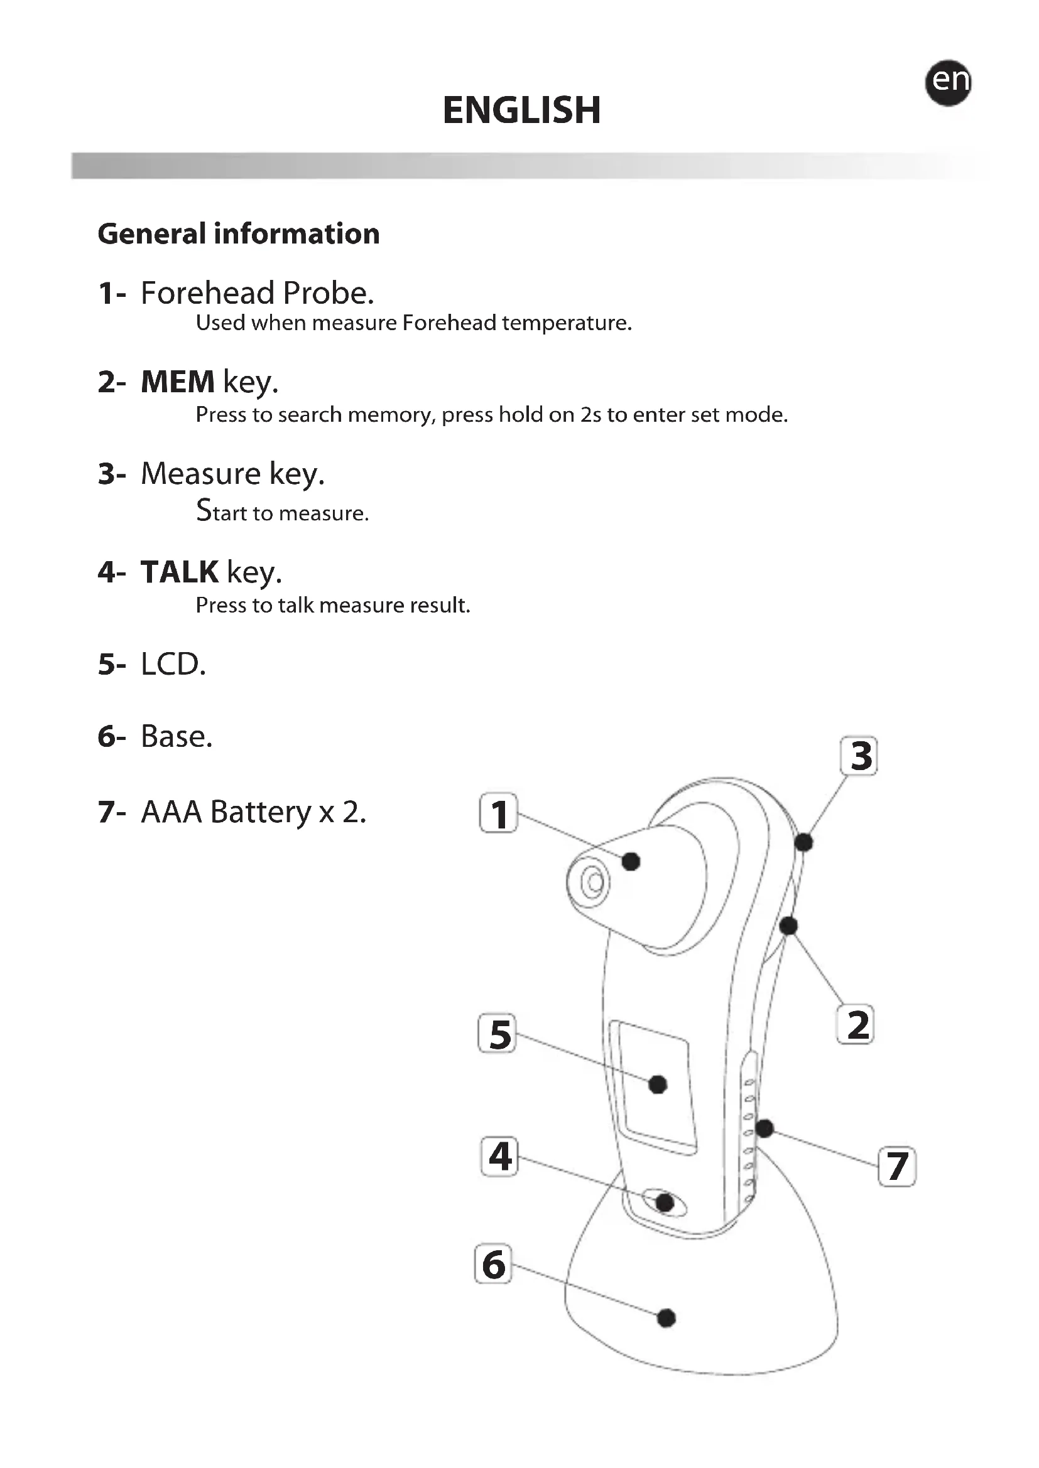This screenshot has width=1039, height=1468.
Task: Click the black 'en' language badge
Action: click(x=947, y=82)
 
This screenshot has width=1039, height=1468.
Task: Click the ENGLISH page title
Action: click(x=521, y=110)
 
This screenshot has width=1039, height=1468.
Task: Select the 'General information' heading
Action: click(x=239, y=234)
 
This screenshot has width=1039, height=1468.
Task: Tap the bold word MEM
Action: click(x=177, y=382)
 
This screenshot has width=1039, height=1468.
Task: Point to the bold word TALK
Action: click(x=179, y=572)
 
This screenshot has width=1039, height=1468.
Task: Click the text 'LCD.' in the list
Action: click(x=173, y=665)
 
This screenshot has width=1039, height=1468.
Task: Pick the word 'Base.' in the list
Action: click(x=176, y=737)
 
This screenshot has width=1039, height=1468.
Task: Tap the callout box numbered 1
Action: click(x=498, y=813)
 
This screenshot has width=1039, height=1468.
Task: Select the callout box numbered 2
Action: click(x=856, y=1024)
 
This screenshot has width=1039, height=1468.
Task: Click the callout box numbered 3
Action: click(x=859, y=756)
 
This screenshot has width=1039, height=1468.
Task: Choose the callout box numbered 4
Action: click(x=499, y=1157)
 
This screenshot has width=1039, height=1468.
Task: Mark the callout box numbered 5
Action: click(x=497, y=1034)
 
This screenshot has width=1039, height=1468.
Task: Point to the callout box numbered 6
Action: click(x=493, y=1264)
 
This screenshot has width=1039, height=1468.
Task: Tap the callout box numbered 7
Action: click(x=897, y=1167)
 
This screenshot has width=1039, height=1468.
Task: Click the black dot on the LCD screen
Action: click(x=658, y=1085)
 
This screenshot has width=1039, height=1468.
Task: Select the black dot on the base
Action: click(x=666, y=1319)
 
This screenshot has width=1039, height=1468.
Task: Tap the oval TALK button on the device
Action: click(x=663, y=1202)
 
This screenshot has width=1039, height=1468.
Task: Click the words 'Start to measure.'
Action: click(x=282, y=512)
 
